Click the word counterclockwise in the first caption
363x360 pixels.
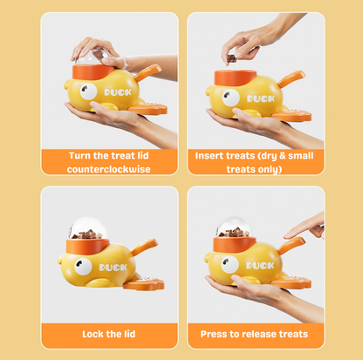point(109,169)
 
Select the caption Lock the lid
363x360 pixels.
point(109,334)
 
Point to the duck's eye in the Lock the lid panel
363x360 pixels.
point(83,266)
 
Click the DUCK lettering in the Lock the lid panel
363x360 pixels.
point(113,268)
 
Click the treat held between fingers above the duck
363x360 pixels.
point(231,58)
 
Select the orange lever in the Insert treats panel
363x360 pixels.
point(291,78)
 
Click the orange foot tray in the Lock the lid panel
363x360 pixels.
point(144,284)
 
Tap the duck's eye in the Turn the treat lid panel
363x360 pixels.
point(88,92)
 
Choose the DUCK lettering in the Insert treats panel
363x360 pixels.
point(261,98)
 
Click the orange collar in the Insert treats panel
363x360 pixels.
point(235,78)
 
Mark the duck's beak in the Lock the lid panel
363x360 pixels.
point(61,259)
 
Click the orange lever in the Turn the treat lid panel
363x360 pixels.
point(148,72)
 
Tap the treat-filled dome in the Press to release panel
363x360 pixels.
point(234,228)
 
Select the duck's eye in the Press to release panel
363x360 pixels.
point(229,264)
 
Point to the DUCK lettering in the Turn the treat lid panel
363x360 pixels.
point(118,92)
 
